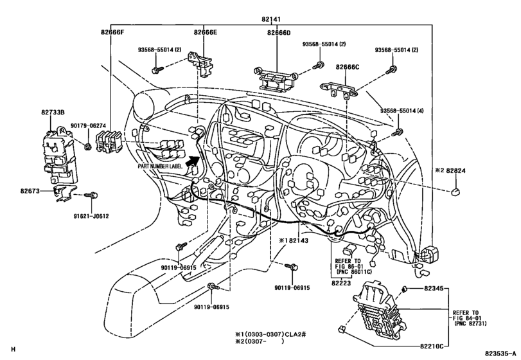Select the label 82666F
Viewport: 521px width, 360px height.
coord(114,32)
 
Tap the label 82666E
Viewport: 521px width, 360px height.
coord(205,32)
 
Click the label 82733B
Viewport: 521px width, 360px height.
coord(54,111)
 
